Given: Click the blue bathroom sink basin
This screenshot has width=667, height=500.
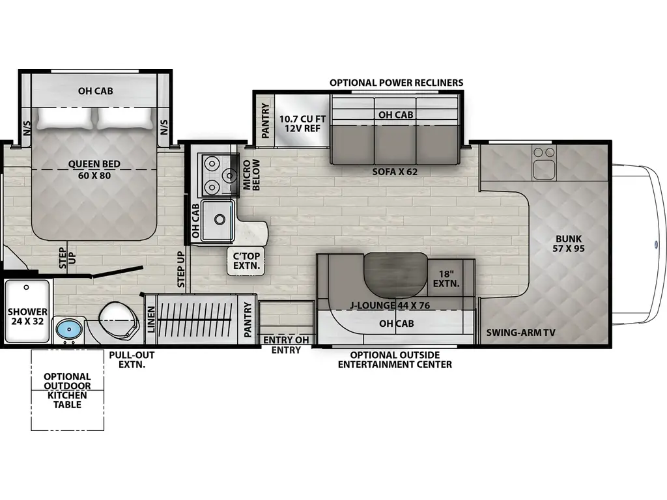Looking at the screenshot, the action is point(68,329).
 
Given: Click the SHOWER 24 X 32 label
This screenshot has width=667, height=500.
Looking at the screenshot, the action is point(27,316).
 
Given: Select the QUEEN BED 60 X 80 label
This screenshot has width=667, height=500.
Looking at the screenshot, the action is point(94,169).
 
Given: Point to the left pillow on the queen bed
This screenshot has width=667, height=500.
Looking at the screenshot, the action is point(64,118).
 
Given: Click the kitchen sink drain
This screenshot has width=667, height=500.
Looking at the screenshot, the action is point(220,219).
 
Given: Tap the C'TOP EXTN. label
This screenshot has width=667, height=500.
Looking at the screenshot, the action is point(246,261).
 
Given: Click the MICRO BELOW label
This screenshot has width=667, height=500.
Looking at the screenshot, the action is point(251,174).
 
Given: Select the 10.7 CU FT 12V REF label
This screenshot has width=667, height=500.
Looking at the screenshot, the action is point(302,123).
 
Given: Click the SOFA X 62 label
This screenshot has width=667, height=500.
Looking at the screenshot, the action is point(395,172).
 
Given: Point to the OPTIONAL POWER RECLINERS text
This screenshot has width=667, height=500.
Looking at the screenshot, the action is point(397,83).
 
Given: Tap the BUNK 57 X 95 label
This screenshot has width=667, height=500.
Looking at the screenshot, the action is point(569,243).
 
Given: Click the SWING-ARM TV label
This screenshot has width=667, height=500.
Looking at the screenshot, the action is point(520,333).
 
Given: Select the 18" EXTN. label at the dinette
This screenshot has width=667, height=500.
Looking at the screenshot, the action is point(446,279).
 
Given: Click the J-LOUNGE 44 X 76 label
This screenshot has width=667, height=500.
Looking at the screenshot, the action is point(390,305).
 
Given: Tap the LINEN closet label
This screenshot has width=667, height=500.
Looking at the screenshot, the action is point(151,319).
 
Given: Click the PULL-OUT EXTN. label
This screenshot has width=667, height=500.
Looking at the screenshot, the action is point(132,359).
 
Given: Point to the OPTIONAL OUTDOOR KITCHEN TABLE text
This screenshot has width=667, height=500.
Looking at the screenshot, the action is point(67,391).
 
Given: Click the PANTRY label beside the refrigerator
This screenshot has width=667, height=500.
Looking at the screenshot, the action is point(265,120).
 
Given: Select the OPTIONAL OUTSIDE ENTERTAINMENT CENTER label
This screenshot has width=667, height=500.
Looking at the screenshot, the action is point(395,359).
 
